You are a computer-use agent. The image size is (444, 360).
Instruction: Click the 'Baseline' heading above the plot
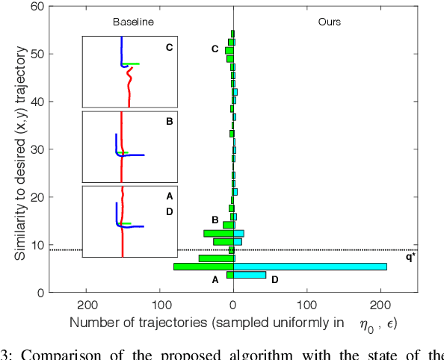pyautogui.click(x=133, y=22)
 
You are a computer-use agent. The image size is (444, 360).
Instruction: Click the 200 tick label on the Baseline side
pyautogui.click(x=87, y=305)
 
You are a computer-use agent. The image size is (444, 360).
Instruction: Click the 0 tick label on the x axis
pyautogui.click(x=233, y=305)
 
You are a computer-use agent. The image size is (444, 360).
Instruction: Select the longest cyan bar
pyautogui.click(x=310, y=267)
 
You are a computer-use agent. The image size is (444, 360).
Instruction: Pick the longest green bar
pyautogui.click(x=203, y=267)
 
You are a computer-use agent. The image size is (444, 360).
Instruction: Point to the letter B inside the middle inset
pyautogui.click(x=169, y=122)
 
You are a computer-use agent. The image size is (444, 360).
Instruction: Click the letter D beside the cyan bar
pyautogui.click(x=274, y=279)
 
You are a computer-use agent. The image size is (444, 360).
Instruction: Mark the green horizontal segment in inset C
pyautogui.click(x=132, y=64)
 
